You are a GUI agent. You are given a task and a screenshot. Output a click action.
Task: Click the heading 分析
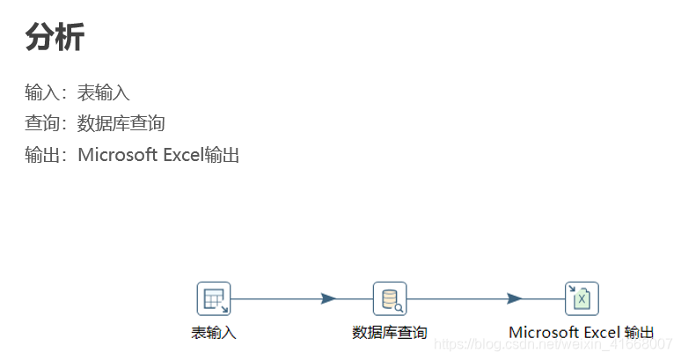click(x=55, y=37)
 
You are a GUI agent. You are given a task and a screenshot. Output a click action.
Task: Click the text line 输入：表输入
click(x=77, y=92)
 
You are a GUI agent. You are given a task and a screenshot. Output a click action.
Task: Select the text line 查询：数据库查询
click(x=95, y=124)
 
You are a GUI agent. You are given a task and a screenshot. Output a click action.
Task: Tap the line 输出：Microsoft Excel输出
click(x=132, y=156)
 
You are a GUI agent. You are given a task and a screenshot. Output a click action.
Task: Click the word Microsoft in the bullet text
click(x=118, y=156)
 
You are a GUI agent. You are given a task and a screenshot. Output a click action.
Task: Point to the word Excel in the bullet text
click(x=183, y=156)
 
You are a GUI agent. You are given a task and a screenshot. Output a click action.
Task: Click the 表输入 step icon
click(x=214, y=298)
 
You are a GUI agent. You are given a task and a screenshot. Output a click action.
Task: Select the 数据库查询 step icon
click(x=390, y=298)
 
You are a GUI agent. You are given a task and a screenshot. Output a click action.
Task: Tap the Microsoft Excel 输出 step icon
click(x=582, y=298)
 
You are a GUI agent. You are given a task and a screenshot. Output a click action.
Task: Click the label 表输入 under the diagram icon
click(x=214, y=333)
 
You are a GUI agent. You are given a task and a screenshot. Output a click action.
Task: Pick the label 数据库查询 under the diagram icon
click(x=390, y=333)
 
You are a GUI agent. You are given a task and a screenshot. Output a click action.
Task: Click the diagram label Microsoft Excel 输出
click(x=582, y=333)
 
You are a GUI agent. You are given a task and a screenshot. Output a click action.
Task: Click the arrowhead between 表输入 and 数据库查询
click(x=329, y=298)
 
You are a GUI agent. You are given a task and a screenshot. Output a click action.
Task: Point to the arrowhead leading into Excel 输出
click(x=515, y=298)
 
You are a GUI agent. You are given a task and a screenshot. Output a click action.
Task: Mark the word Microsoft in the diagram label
click(x=545, y=333)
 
